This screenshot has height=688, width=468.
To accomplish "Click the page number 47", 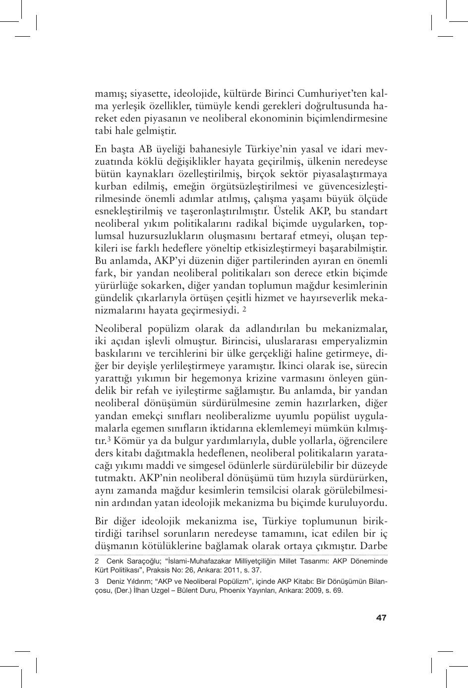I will [x=381, y=618].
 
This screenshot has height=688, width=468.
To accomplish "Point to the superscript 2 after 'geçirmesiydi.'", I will [x=244, y=310].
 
